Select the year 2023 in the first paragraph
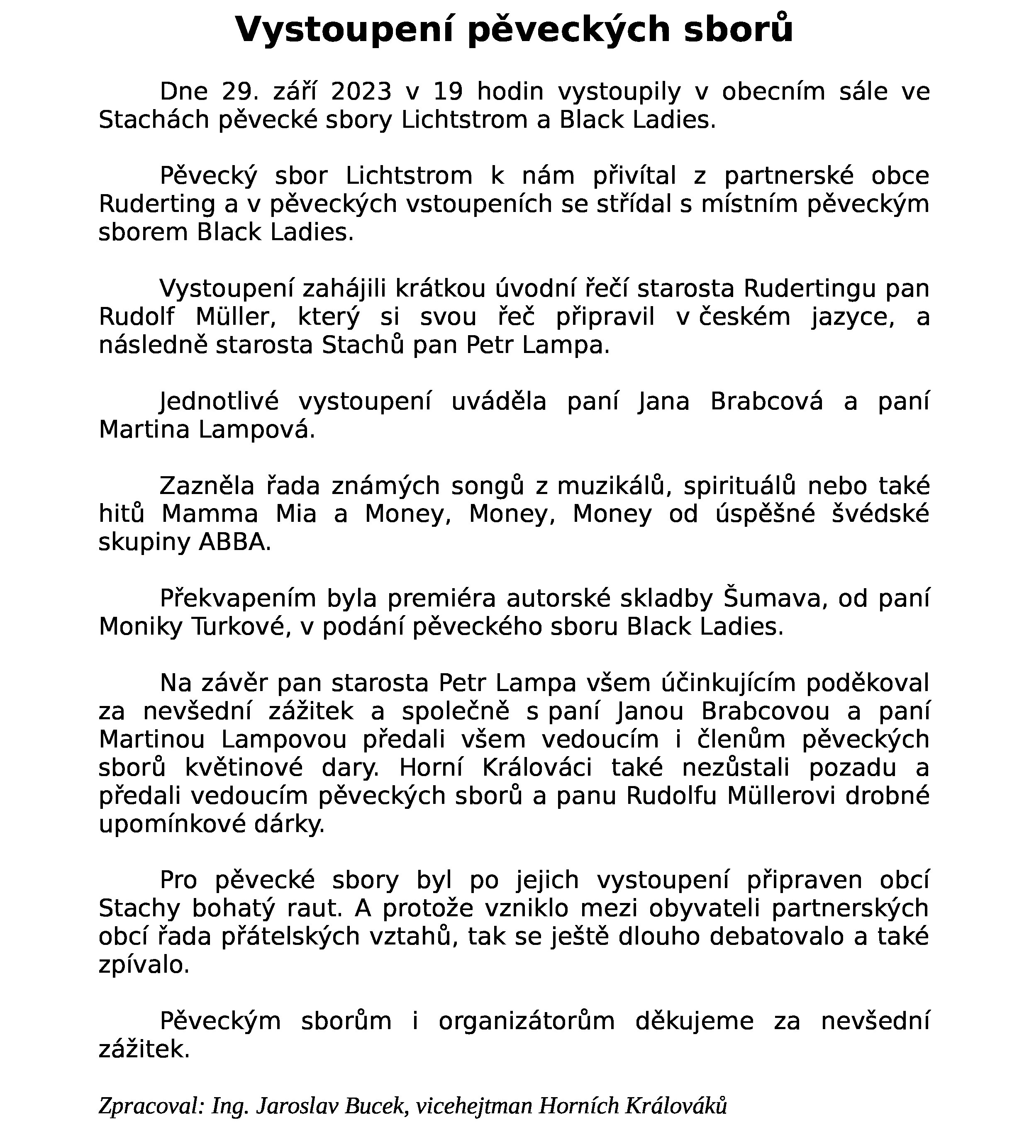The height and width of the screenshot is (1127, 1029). coord(361,92)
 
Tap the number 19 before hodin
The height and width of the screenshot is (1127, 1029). coord(449,92)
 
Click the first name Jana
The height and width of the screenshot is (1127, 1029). coord(664,402)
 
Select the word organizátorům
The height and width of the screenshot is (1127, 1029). coord(526,1021)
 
